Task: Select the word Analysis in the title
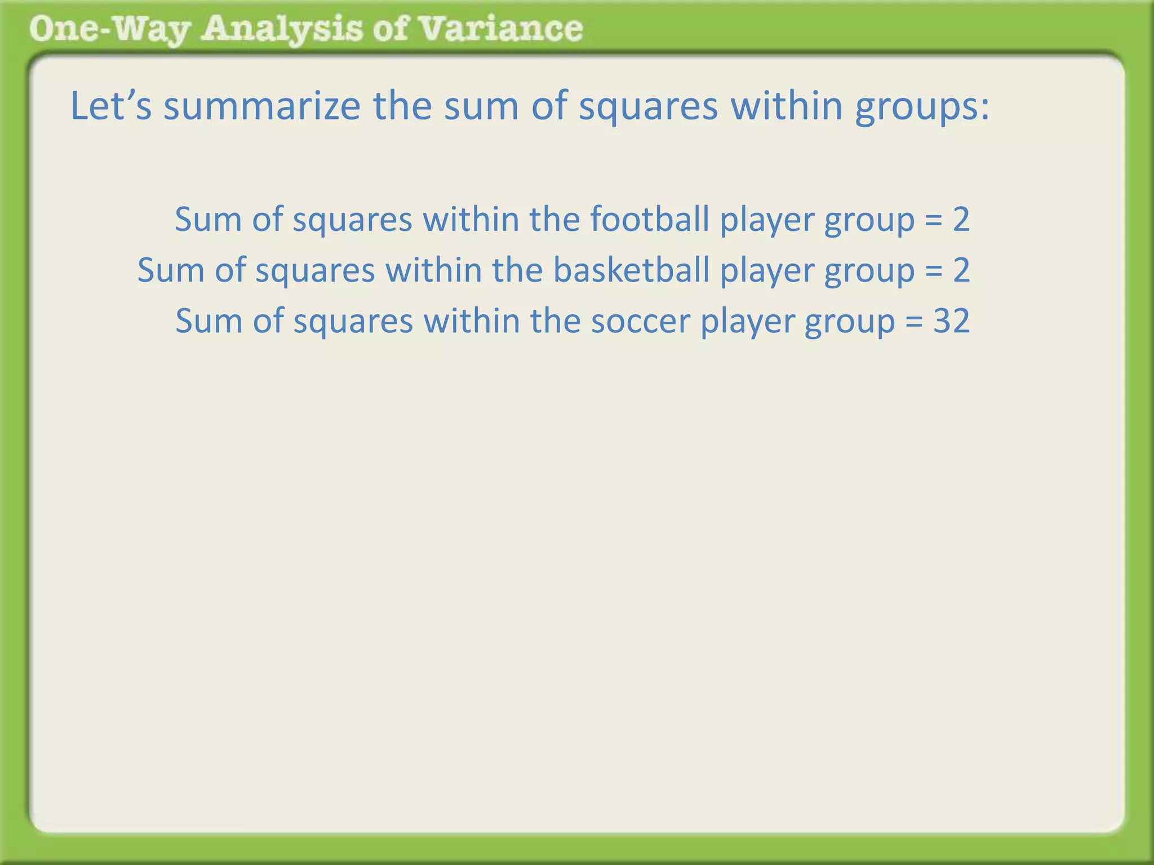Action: pyautogui.click(x=282, y=29)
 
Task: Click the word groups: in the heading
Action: pyautogui.click(x=922, y=107)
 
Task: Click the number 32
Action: pyautogui.click(x=951, y=321)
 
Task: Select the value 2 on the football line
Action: pyautogui.click(x=961, y=219)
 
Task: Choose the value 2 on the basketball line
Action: pyautogui.click(x=961, y=270)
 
